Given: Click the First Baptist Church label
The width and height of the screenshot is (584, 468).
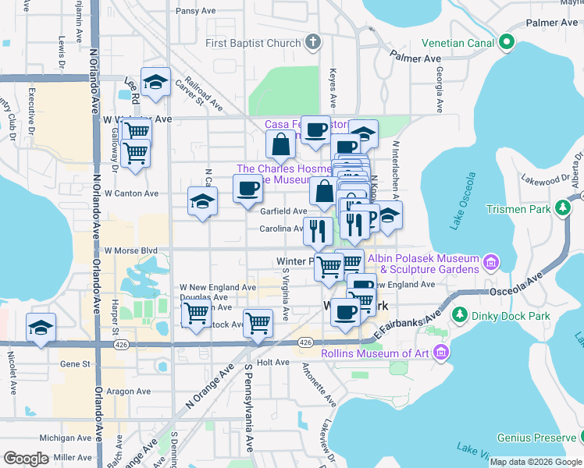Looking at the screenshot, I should point(253,43).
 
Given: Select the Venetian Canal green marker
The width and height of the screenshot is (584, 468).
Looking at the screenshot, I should point(506,42).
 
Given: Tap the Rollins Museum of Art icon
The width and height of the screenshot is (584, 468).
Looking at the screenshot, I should point(442,353).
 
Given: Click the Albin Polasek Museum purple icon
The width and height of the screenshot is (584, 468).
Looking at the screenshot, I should point(490,259).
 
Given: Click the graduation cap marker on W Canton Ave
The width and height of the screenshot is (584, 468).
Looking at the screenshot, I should point(203,202).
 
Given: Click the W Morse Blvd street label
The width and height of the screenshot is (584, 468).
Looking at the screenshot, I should point(131,250).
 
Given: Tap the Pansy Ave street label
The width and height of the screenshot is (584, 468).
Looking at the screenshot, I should point(196,11).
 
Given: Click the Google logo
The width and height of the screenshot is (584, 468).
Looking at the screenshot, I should point(26,459).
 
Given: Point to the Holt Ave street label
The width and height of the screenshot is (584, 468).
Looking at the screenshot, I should point(273,363).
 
